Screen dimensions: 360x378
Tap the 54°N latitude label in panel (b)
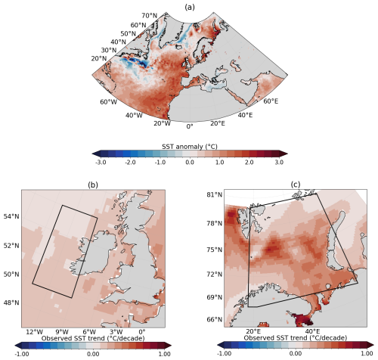[11, 216]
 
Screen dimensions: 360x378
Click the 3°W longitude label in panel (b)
[115, 331]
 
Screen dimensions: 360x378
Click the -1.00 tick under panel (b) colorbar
[23, 352]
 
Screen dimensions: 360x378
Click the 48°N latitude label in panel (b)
[11, 303]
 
